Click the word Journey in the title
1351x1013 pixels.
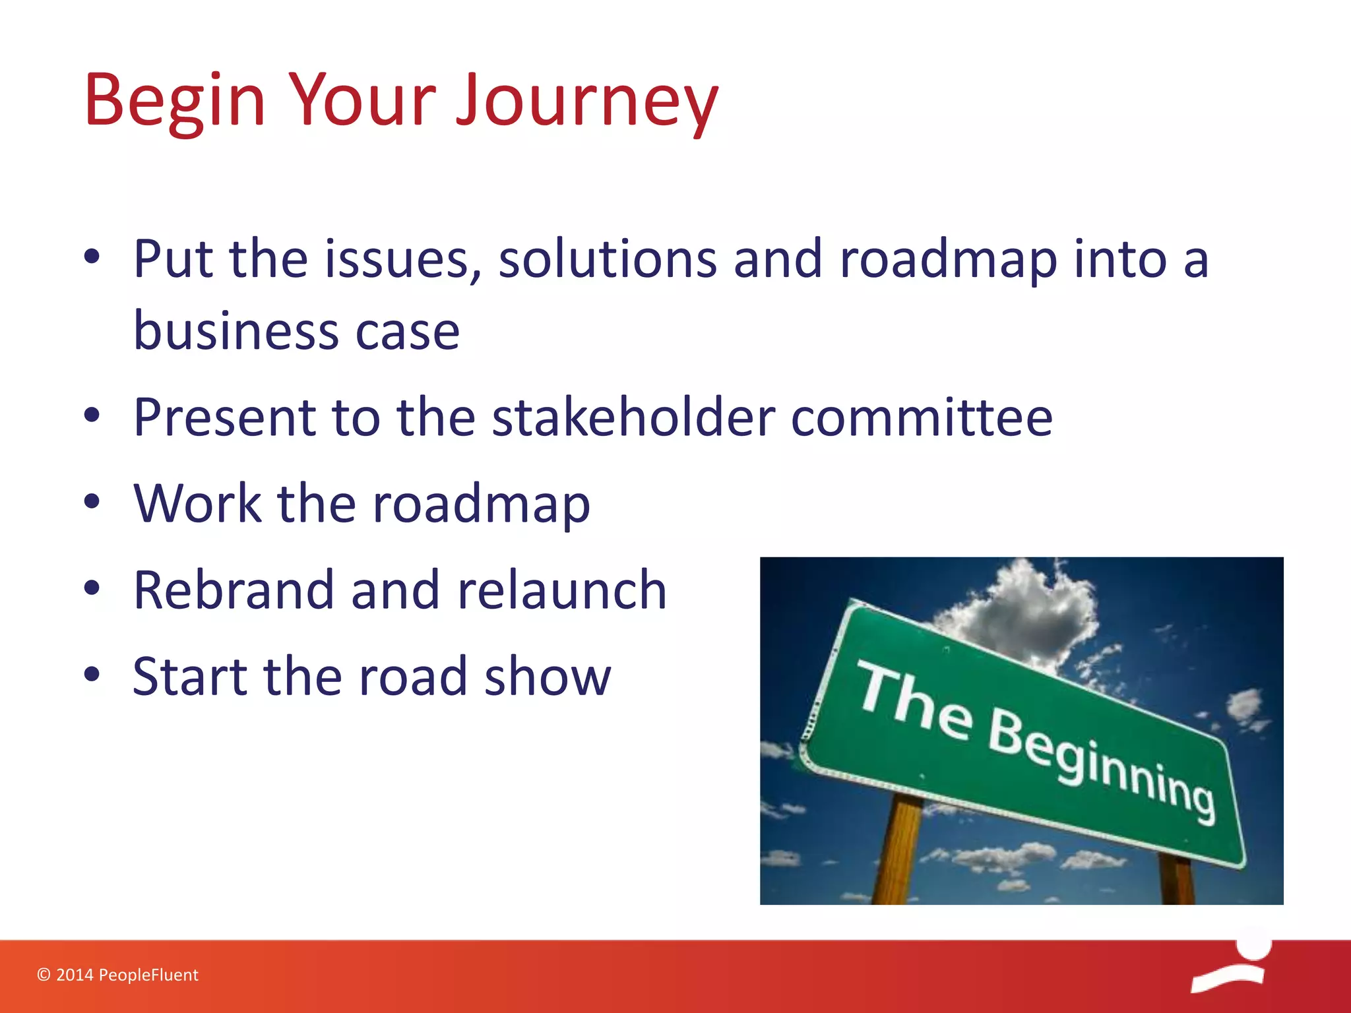click(x=587, y=100)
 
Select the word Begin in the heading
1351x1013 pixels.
click(x=175, y=100)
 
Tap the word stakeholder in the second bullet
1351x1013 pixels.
click(x=633, y=417)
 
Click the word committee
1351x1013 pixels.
click(x=922, y=417)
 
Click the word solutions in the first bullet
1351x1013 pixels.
click(x=608, y=259)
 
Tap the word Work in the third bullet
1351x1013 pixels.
click(x=197, y=503)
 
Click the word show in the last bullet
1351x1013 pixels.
click(x=548, y=676)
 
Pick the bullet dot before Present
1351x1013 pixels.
click(x=92, y=415)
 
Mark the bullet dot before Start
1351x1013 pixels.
click(x=92, y=675)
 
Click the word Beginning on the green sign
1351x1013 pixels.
click(x=1102, y=765)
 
